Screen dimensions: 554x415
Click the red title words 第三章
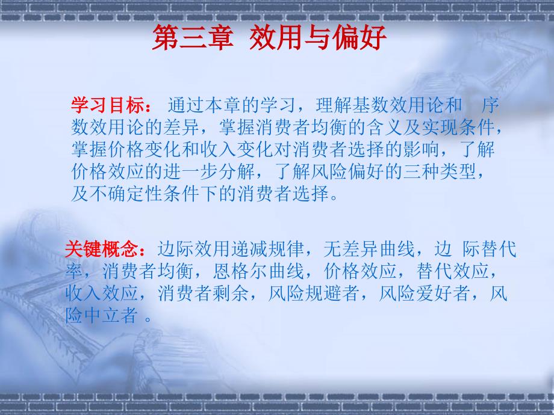coord(193,37)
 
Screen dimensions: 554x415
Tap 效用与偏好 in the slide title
coord(318,37)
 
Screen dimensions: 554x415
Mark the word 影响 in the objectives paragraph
coord(422,149)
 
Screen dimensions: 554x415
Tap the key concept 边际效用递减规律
coord(231,249)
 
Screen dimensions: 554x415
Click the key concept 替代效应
coord(452,271)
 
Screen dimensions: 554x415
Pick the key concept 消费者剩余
coord(203,294)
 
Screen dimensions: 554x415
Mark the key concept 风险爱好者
coord(425,294)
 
